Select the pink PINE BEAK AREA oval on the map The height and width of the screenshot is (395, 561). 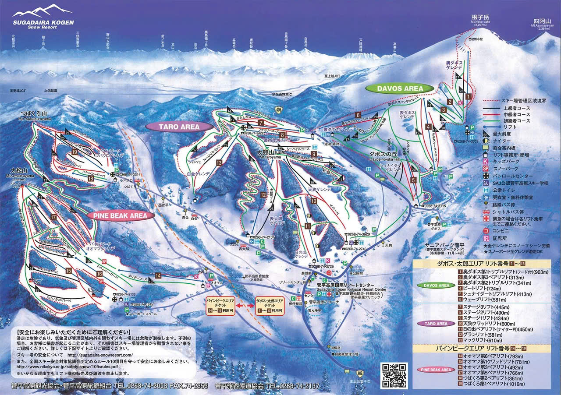pos(121,215)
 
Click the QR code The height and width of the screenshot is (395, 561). pos(394,375)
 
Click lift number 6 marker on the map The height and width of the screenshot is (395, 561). pos(358,115)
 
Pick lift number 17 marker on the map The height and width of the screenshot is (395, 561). pos(53,217)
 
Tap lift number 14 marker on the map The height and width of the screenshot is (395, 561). pos(158,275)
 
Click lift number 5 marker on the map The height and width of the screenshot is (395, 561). pos(413,180)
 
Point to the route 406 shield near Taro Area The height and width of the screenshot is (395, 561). pos(278,109)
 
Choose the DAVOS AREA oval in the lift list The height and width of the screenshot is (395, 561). pos(436,285)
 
